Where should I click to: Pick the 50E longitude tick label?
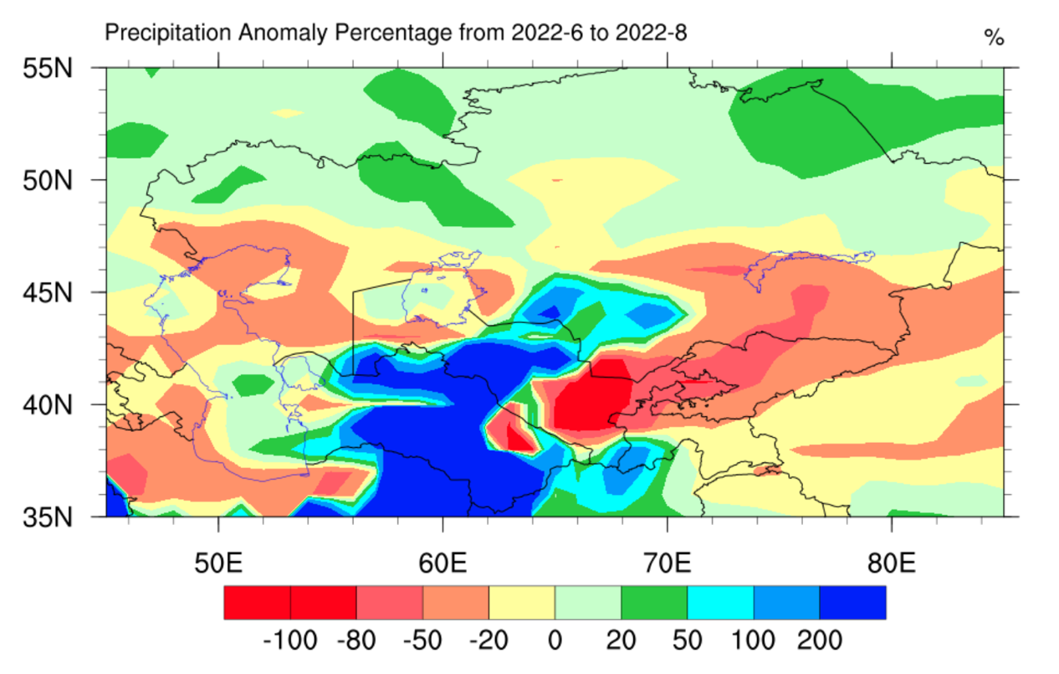pyautogui.click(x=218, y=563)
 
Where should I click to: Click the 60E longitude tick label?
pyautogui.click(x=443, y=563)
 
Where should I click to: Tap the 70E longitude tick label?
pyautogui.click(x=667, y=563)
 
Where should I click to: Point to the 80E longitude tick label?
pyautogui.click(x=891, y=563)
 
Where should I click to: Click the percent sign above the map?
pyautogui.click(x=994, y=38)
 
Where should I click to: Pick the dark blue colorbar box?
pyautogui.click(x=852, y=602)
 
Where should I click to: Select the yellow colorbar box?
pyautogui.click(x=521, y=602)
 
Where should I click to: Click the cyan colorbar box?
pyautogui.click(x=720, y=602)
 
